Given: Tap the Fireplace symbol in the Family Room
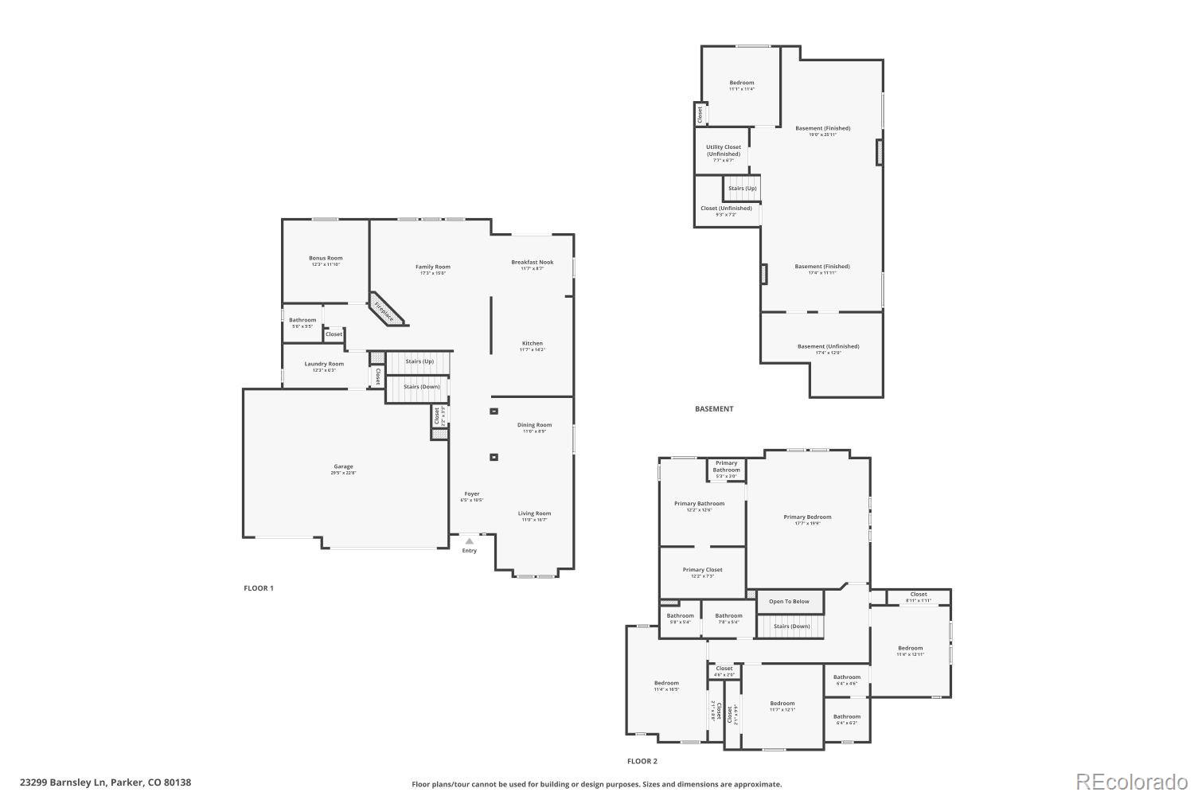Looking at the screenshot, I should (386, 309).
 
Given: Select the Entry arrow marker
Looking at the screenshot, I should (470, 541).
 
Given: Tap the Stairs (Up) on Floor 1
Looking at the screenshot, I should (419, 361).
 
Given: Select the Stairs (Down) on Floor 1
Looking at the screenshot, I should (421, 387).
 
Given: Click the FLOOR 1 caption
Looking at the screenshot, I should (259, 588).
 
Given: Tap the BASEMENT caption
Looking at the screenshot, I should (714, 409).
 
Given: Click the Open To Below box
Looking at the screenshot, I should (789, 602).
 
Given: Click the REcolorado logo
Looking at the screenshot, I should (1132, 782).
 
